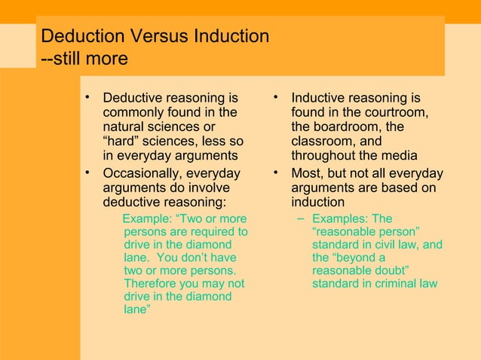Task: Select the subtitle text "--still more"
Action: (x=84, y=59)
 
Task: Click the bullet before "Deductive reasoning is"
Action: (x=88, y=97)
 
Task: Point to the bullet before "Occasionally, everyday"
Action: (x=88, y=174)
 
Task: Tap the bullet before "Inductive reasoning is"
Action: (x=277, y=97)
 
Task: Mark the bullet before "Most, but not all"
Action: (x=277, y=174)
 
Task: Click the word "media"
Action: (x=400, y=156)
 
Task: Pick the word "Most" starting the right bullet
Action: (x=306, y=174)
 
